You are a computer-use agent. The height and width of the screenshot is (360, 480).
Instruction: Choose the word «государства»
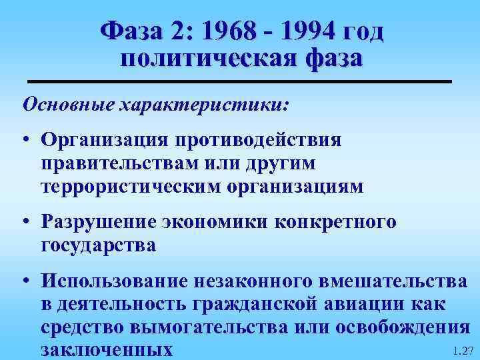pyautogui.click(x=98, y=245)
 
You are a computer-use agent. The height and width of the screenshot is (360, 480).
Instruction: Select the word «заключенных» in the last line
pyautogui.click(x=106, y=349)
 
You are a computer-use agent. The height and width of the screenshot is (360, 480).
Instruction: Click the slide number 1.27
pyautogui.click(x=461, y=350)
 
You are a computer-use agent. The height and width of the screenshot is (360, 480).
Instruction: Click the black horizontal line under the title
pyautogui.click(x=239, y=81)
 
